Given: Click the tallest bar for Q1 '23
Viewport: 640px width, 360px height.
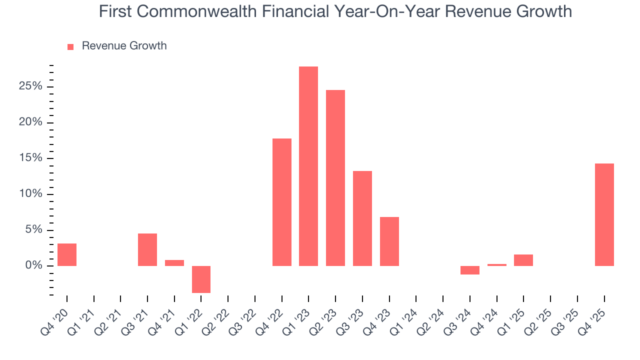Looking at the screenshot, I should [308, 166].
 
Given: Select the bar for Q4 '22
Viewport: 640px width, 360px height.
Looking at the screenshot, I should [282, 202].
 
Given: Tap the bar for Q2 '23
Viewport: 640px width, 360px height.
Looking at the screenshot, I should [335, 177].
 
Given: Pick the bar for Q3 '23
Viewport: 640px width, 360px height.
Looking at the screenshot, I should [362, 218].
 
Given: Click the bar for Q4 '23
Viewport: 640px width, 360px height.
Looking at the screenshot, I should [389, 241].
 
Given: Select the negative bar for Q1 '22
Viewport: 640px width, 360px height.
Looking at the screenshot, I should [201, 279].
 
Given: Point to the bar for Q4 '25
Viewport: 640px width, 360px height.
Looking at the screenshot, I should [604, 214].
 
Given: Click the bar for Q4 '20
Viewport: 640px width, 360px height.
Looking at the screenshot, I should [67, 254].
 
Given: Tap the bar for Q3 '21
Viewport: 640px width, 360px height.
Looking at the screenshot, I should [147, 249].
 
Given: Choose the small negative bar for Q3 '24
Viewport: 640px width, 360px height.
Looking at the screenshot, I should [470, 270].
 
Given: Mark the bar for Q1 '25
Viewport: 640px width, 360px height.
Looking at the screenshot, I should [523, 260].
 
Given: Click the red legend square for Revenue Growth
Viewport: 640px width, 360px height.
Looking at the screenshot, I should [70, 46].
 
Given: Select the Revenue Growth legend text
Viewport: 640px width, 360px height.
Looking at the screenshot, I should [124, 46].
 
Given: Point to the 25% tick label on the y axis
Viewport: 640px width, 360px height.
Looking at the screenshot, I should [30, 86].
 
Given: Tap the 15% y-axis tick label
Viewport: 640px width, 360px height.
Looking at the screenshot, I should [30, 158].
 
